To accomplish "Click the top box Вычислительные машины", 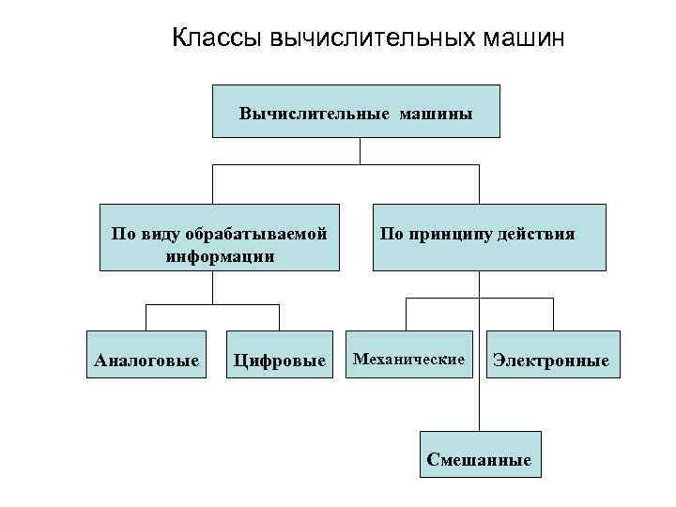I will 356,112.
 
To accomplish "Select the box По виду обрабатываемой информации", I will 220,238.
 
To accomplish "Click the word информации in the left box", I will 220,255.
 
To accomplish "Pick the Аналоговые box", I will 146,360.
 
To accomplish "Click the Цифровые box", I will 279,360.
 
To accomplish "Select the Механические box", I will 408,359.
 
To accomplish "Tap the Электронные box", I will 551,360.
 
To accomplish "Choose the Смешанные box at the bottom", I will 479,458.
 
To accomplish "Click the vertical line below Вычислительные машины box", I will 361,151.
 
